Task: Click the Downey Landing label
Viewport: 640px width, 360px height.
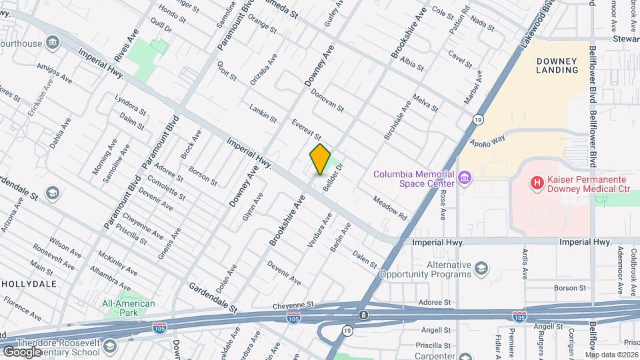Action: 557,65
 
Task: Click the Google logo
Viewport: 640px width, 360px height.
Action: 22,351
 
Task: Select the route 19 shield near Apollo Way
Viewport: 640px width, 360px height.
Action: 478,119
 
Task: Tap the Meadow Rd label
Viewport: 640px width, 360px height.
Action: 389,208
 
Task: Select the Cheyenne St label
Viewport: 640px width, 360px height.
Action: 293,305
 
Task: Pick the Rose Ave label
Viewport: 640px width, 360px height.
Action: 443,205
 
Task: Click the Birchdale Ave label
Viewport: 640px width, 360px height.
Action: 398,120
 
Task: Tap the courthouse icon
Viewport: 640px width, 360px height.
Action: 52,43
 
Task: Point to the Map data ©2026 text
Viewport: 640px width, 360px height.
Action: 612,355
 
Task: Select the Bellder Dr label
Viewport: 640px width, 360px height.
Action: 333,177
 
